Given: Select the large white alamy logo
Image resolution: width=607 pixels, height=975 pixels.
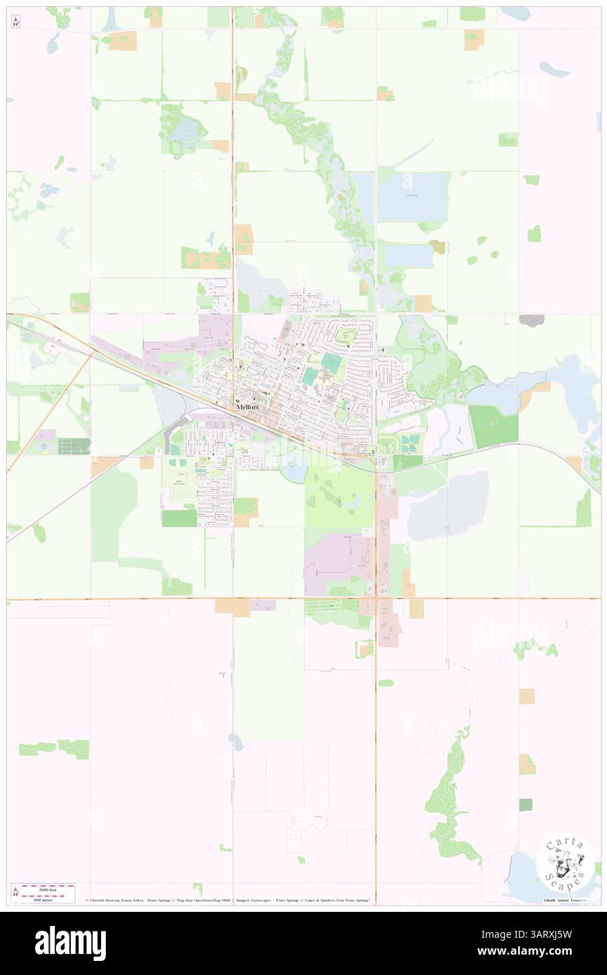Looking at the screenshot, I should point(70,943).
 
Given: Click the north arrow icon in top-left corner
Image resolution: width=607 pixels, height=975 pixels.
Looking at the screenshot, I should point(16,22).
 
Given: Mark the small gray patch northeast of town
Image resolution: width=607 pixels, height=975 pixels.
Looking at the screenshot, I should point(532,320).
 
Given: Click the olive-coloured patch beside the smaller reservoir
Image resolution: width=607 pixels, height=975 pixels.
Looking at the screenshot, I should point(438,246).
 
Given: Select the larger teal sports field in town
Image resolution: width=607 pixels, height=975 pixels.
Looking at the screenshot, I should point(332,363).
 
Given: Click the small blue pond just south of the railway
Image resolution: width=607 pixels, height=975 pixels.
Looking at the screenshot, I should point(293,466).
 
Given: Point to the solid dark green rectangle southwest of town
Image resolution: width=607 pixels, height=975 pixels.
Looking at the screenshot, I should point(179,518).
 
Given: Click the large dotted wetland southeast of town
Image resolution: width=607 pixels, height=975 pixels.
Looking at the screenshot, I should point(449,504).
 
